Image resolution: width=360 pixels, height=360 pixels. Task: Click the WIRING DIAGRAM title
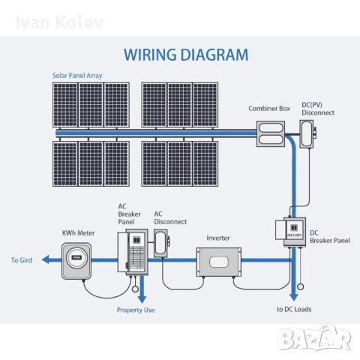click(185, 54)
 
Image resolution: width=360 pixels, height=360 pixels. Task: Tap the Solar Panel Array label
click(78, 76)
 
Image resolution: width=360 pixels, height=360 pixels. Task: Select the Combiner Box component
click(271, 133)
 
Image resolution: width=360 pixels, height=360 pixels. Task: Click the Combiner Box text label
click(269, 109)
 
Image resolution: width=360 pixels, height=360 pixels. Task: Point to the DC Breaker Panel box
click(294, 232)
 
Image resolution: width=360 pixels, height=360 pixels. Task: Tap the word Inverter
click(218, 238)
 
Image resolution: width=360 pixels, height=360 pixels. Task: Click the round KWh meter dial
click(76, 257)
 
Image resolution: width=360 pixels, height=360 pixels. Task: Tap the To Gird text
click(22, 260)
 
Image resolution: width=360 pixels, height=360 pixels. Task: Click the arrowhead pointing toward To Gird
click(45, 259)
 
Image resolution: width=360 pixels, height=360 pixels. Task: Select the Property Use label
click(135, 309)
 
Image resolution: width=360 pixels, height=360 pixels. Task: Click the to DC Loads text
click(293, 309)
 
